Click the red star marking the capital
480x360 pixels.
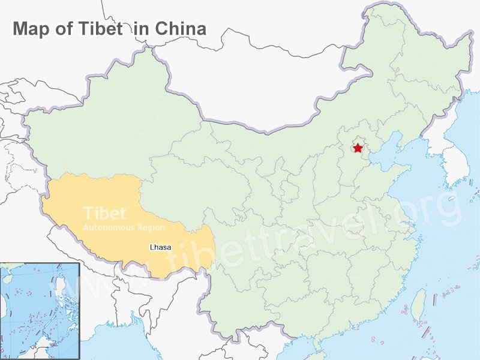click(358, 148)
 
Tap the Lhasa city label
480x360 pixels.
click(159, 247)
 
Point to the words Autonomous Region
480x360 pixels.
click(124, 229)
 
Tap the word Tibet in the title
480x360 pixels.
click(98, 28)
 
